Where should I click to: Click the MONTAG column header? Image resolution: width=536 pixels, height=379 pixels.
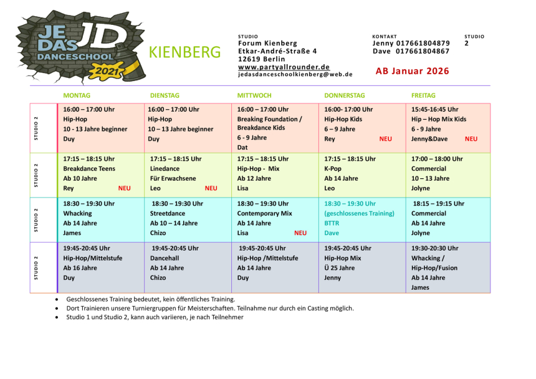pyautogui.click(x=77, y=95)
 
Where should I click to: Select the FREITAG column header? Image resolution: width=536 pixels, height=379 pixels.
pyautogui.click(x=423, y=95)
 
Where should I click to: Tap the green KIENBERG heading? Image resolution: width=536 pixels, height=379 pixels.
pyautogui.click(x=185, y=52)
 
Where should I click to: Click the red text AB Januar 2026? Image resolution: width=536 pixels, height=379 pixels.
pyautogui.click(x=412, y=71)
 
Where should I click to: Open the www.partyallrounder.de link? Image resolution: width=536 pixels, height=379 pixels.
pyautogui.click(x=284, y=67)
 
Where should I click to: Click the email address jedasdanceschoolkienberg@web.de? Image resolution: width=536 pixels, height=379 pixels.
pyautogui.click(x=295, y=74)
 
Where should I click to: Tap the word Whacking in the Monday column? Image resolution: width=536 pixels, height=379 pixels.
pyautogui.click(x=77, y=213)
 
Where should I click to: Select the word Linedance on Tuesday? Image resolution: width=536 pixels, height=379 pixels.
pyautogui.click(x=165, y=169)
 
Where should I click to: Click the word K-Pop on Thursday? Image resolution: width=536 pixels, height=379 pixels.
pyautogui.click(x=333, y=169)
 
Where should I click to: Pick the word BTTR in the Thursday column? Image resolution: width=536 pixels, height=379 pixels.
pyautogui.click(x=332, y=223)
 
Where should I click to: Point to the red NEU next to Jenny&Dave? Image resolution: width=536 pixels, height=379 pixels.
pyautogui.click(x=471, y=139)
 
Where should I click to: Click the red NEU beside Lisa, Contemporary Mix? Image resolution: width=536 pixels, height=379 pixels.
pyautogui.click(x=300, y=233)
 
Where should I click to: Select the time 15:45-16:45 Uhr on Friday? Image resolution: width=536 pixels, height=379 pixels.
pyautogui.click(x=434, y=109)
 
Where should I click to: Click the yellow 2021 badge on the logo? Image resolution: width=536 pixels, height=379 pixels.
pyautogui.click(x=107, y=72)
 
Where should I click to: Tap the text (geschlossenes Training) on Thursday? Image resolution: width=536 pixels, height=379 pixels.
pyautogui.click(x=359, y=213)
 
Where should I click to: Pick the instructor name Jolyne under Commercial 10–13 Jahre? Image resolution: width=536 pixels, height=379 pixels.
pyautogui.click(x=421, y=188)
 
